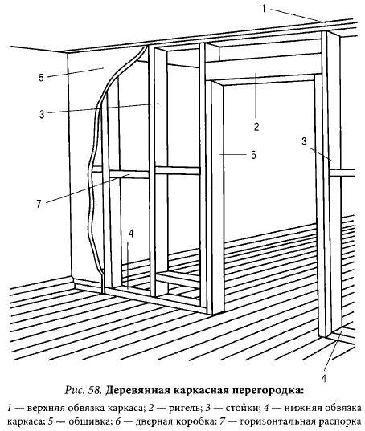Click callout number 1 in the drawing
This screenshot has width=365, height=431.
[264, 9]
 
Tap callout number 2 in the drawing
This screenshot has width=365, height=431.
[256, 127]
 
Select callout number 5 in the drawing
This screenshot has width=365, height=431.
[41, 78]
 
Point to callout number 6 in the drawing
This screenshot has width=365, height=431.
[253, 155]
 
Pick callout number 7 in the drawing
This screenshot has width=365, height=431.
[39, 204]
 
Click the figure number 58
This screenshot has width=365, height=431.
[95, 390]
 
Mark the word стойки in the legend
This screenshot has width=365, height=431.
[243, 408]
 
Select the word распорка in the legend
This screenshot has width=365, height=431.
[342, 421]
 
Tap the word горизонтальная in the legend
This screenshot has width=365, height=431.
[278, 421]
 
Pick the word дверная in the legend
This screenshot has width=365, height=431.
[146, 421]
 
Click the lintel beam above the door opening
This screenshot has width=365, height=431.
[264, 67]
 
